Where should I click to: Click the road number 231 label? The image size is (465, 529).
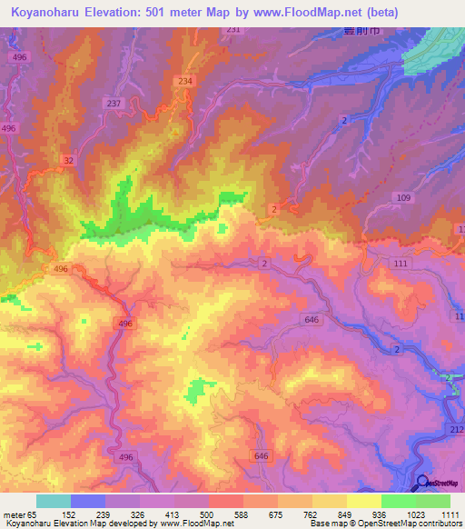(233, 30)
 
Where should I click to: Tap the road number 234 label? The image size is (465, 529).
(186, 82)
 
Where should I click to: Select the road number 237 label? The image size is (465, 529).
(114, 104)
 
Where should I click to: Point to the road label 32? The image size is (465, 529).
(69, 160)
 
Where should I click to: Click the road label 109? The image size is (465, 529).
(404, 197)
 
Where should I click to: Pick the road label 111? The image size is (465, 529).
(401, 263)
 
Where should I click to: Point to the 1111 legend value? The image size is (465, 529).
(450, 514)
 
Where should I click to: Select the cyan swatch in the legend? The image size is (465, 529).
(53, 501)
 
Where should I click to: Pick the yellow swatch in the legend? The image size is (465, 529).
(363, 501)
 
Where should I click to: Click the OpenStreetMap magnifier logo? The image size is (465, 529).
(422, 484)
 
